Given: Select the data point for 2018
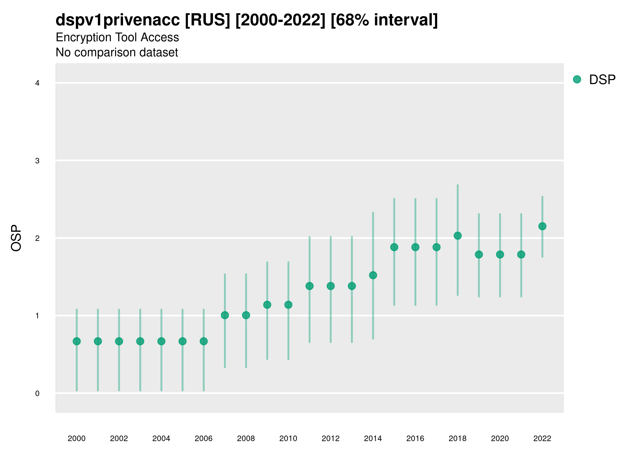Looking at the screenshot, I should coord(457,236).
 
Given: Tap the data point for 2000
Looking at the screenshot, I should coord(77,341).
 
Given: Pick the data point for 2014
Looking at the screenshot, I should coord(373,275).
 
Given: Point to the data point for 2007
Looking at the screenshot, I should coord(225,315).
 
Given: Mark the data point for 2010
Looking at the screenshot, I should coord(288,305).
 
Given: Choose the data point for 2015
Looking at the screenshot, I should coord(394,247).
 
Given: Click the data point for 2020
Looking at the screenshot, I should coord(500,254).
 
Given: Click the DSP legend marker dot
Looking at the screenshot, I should coord(577,80).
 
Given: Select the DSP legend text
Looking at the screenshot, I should coord(602,80).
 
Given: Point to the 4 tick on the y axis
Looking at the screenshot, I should coord(37,83).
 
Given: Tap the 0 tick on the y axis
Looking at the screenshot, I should coord(37,393).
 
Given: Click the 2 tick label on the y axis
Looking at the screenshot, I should coord(37,239).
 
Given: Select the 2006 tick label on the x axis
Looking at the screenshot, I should coord(203,438).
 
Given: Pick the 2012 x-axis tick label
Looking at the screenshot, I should coord(330,438).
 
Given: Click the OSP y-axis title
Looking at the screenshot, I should coord(16,238).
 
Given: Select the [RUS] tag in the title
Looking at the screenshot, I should coord(207,20).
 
